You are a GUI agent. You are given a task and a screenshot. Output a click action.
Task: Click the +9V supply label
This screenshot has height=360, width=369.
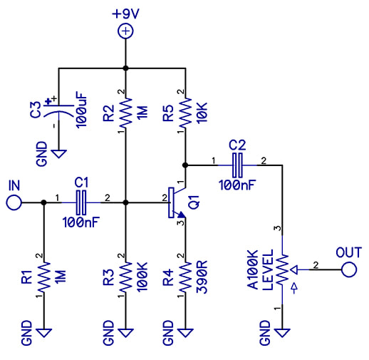tap(125, 14)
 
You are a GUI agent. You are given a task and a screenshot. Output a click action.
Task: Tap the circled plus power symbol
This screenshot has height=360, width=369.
tap(125, 31)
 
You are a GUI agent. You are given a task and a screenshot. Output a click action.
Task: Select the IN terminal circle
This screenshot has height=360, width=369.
tap(14, 202)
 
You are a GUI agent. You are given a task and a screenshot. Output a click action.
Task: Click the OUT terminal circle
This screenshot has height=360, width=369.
tap(349, 269)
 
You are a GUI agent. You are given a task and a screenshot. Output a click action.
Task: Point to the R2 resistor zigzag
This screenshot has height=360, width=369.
tap(125, 112)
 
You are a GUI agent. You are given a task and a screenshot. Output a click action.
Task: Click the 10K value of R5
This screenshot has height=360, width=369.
tap(202, 112)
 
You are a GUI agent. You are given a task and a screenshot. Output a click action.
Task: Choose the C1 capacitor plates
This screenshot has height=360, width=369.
tap(81, 202)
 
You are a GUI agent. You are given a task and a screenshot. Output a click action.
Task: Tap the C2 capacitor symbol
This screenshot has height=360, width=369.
tap(237, 165)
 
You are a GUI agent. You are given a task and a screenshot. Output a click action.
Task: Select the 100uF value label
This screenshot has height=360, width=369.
tap(82, 110)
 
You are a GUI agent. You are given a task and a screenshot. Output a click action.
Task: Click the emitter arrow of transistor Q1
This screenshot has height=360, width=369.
tap(182, 215)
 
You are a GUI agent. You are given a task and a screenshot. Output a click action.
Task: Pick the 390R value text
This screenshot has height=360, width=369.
tap(202, 277)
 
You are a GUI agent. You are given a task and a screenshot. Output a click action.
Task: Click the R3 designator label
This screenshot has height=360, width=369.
tap(109, 277)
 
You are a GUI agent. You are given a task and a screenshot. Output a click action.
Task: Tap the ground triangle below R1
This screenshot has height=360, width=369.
tap(44, 333)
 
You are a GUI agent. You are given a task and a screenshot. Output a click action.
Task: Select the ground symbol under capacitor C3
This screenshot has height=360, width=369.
tap(58, 154)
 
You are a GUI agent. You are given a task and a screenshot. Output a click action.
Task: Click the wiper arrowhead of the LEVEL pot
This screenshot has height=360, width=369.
tap(294, 269)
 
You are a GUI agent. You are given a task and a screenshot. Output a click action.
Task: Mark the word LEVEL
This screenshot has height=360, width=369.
tap(268, 269)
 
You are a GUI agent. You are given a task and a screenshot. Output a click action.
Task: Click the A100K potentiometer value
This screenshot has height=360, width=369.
tap(253, 269)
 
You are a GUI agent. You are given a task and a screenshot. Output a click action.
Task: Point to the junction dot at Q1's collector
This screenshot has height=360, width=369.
tap(185, 165)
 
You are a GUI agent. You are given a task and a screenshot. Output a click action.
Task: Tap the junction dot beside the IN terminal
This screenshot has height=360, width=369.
tap(43, 202)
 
